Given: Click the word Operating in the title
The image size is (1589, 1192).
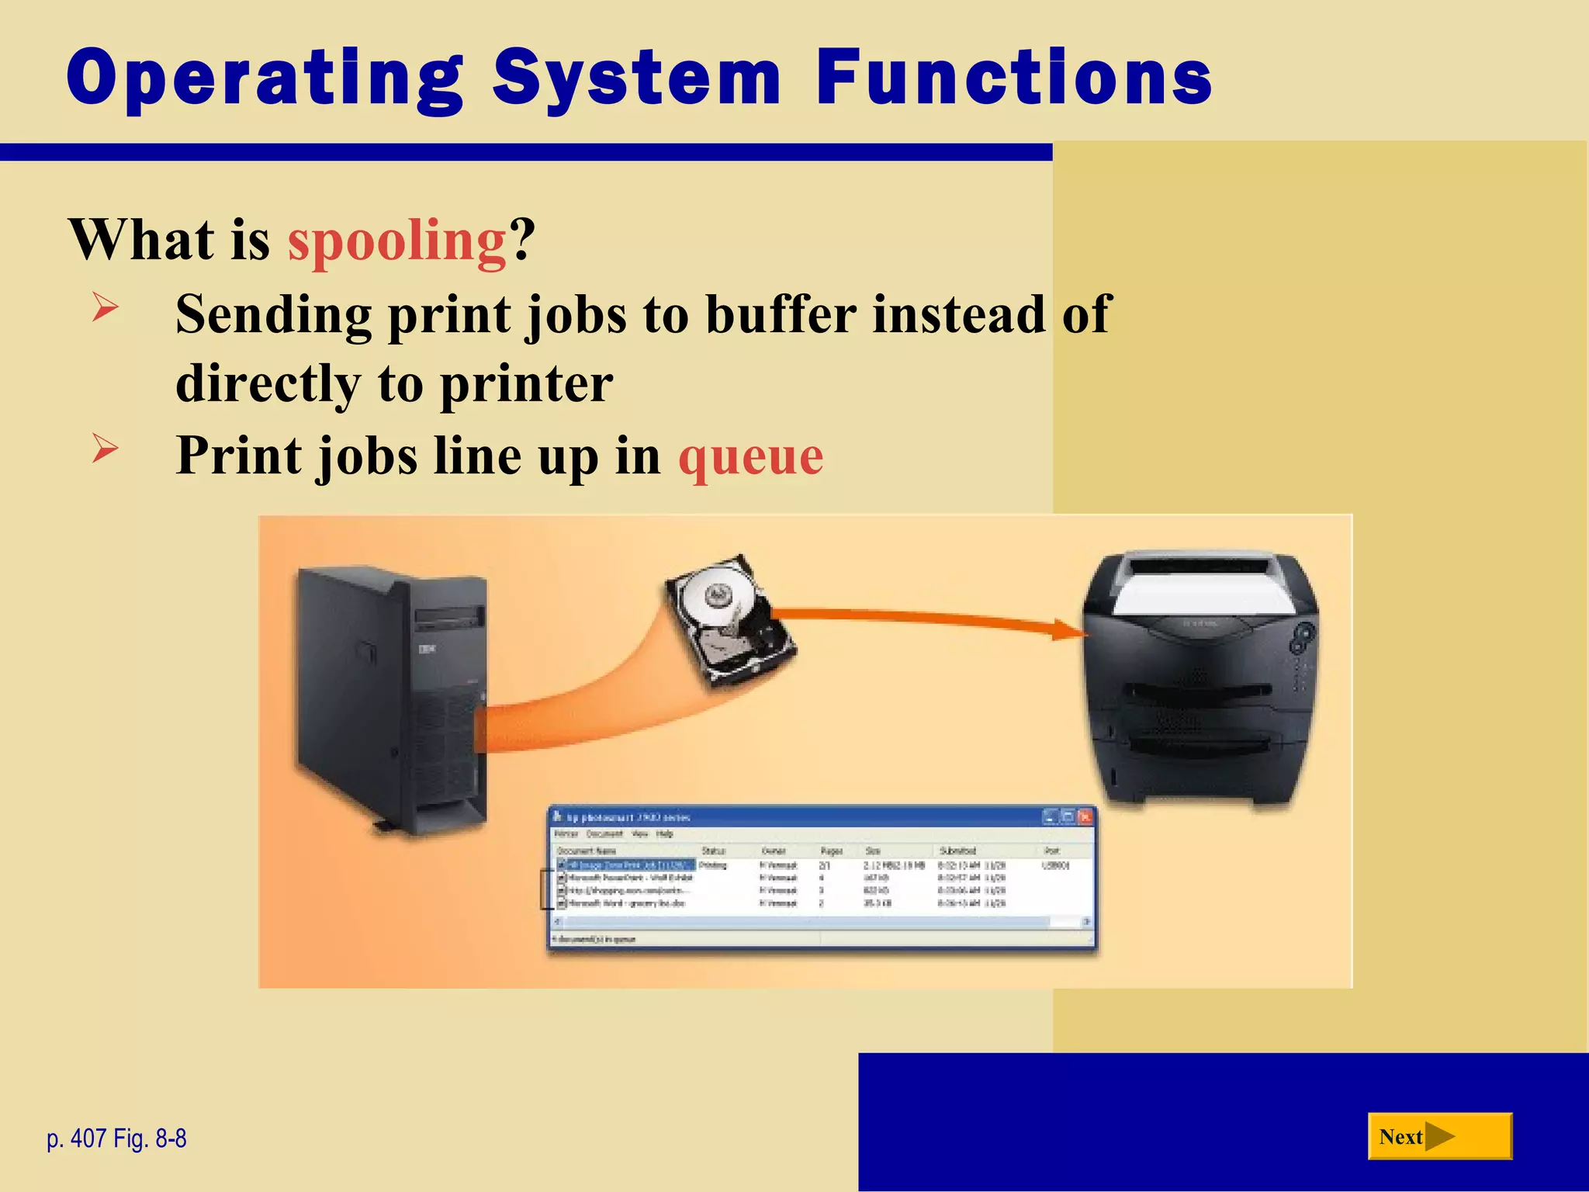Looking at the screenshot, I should (x=264, y=78).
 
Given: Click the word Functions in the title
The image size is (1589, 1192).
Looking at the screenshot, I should (x=1013, y=78).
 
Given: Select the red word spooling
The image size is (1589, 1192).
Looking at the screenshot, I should (x=396, y=241).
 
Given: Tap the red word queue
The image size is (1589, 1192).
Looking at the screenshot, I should (x=750, y=456).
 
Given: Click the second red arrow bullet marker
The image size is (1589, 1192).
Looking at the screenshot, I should (x=105, y=448).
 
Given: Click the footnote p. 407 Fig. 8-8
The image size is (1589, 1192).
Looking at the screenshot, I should (x=116, y=1138).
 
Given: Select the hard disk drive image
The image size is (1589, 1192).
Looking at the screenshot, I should (x=729, y=621).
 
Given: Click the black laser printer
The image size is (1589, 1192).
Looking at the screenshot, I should (x=1199, y=683).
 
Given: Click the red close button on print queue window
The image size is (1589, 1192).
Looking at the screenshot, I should (x=1085, y=816).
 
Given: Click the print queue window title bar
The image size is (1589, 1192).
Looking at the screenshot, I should (x=776, y=817).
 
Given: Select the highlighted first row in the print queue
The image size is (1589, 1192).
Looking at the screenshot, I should (x=625, y=865).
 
